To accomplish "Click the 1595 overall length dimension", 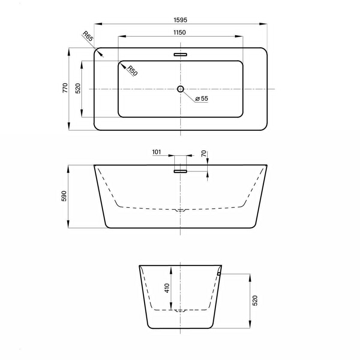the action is [180, 20].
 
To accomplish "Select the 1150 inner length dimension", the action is [179, 32].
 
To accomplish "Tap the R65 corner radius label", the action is [88, 36].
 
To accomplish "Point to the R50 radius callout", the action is [133, 71].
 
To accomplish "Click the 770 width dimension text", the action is [65, 88].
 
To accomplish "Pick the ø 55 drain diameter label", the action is [201, 98].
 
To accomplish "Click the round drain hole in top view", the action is [181, 89].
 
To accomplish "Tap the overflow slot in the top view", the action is [180, 55].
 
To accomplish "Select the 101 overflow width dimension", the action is [157, 152].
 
